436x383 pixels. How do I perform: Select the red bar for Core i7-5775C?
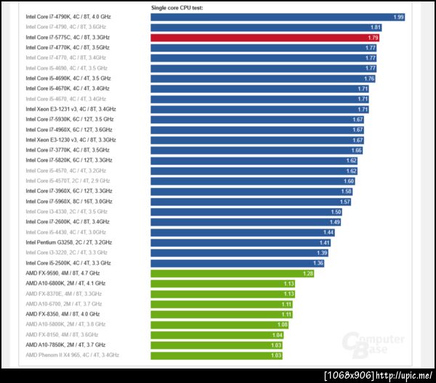point(265,37)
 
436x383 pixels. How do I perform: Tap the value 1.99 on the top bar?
point(398,17)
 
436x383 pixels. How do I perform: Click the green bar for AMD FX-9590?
point(233,273)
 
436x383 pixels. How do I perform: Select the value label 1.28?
point(307,273)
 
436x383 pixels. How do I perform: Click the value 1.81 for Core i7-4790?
point(376,27)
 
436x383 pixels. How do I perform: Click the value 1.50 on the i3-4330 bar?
point(336,212)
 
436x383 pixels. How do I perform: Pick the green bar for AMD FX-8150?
point(218,334)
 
